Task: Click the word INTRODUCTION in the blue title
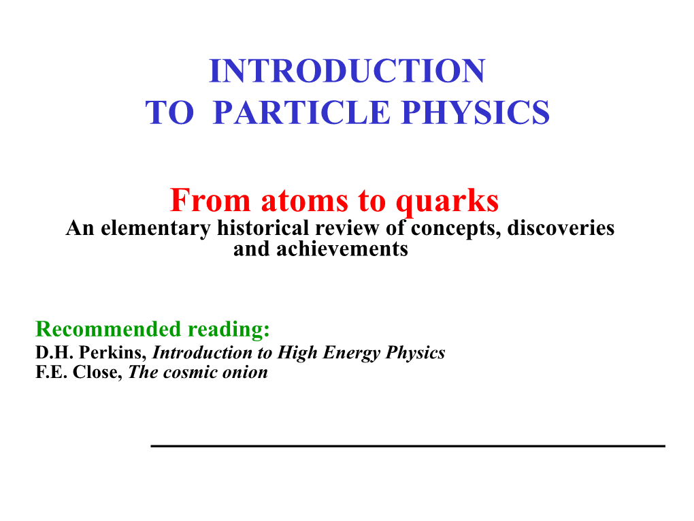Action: (348, 71)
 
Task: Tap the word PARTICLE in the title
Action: (301, 112)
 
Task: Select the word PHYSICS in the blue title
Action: (476, 112)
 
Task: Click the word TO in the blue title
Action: (170, 112)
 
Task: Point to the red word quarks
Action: (447, 202)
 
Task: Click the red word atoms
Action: (305, 201)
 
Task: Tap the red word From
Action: (210, 200)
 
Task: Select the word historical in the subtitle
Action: (263, 227)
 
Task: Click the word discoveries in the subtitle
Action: (561, 227)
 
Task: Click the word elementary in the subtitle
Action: (156, 229)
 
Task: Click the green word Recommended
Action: (108, 329)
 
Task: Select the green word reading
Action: (229, 330)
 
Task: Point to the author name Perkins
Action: (113, 352)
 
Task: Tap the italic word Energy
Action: (352, 353)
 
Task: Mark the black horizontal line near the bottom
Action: (408, 445)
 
